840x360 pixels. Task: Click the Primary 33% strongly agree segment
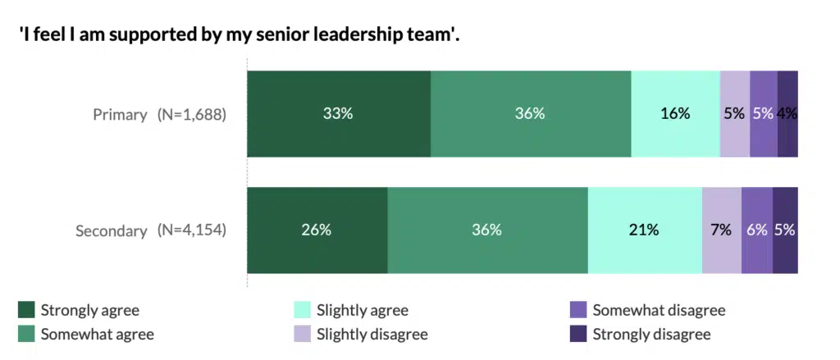tap(339, 114)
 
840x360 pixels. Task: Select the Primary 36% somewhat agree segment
tap(531, 114)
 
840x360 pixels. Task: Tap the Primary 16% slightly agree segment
tap(675, 114)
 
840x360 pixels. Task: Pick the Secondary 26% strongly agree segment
tap(317, 230)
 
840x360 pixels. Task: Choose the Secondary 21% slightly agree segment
tap(645, 230)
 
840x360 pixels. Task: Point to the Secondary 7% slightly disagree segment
tap(722, 230)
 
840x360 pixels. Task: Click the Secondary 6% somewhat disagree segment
tap(757, 230)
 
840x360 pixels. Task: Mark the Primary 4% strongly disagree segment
tap(787, 114)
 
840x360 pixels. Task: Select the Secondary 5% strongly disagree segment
tap(785, 230)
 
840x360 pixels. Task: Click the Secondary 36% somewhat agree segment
tap(487, 230)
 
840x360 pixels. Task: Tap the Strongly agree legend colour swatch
tap(26, 310)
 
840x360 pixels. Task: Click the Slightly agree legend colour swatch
tap(302, 310)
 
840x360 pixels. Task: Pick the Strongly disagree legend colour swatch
tap(578, 334)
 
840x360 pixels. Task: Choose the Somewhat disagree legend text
tap(659, 310)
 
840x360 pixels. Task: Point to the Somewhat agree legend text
tap(97, 334)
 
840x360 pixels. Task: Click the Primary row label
tap(120, 115)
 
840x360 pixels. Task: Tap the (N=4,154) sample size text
tap(191, 231)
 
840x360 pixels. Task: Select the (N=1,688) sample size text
tap(191, 115)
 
